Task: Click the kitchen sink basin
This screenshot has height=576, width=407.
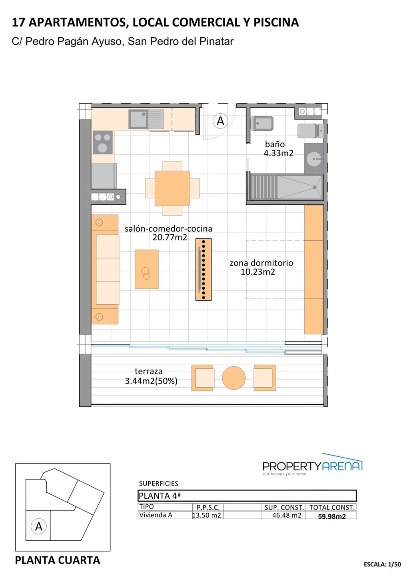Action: pyautogui.click(x=138, y=119)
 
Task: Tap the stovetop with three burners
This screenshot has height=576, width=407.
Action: pyautogui.click(x=102, y=142)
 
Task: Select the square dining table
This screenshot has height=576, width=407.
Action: pyautogui.click(x=172, y=188)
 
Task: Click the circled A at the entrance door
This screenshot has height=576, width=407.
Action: pyautogui.click(x=220, y=121)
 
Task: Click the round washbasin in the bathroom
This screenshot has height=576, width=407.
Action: pyautogui.click(x=314, y=159)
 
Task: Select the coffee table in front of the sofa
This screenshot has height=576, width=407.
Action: pyautogui.click(x=147, y=269)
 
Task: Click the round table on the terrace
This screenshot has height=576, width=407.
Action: pyautogui.click(x=233, y=378)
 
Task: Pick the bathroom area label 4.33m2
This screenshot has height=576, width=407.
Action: pyautogui.click(x=279, y=153)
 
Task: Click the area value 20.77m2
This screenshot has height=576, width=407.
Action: pyautogui.click(x=170, y=237)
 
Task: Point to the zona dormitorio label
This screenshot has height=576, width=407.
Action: pyautogui.click(x=261, y=263)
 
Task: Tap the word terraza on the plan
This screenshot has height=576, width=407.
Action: pyautogui.click(x=148, y=371)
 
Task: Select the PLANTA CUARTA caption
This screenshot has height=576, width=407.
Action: pyautogui.click(x=58, y=560)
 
